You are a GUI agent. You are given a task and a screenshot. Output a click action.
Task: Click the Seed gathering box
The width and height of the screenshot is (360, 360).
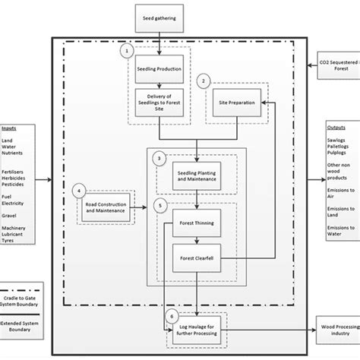tap(158, 14)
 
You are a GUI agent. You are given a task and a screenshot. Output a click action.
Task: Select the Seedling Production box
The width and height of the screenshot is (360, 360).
tap(158, 67)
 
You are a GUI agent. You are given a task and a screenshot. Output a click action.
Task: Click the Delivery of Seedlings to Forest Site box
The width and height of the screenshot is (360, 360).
tap(158, 100)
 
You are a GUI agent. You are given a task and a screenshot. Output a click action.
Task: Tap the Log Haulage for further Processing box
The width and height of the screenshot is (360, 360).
tap(197, 330)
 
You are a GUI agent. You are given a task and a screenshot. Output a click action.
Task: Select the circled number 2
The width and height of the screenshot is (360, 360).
tap(203, 80)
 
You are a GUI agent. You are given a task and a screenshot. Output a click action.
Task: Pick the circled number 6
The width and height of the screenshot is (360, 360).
tap(172, 315)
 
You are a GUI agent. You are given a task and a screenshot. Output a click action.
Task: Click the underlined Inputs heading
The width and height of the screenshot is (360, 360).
tap(10, 128)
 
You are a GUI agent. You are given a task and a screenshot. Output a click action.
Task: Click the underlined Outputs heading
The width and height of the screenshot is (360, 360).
tap(336, 128)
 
